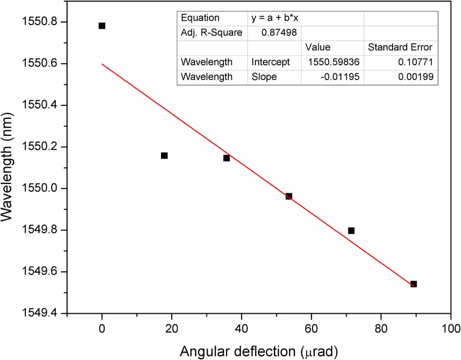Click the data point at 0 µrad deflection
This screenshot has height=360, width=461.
(102, 26)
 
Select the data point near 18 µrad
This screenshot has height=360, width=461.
(164, 156)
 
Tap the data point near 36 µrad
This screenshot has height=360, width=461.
(227, 158)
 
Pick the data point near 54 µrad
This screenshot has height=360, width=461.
(289, 196)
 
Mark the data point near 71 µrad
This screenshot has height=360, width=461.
(351, 231)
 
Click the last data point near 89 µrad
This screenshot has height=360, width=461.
(413, 284)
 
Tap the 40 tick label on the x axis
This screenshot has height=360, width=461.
(242, 328)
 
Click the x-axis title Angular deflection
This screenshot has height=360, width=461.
(259, 351)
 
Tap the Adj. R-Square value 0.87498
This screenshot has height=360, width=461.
(280, 33)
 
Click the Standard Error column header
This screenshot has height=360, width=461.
(400, 47)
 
